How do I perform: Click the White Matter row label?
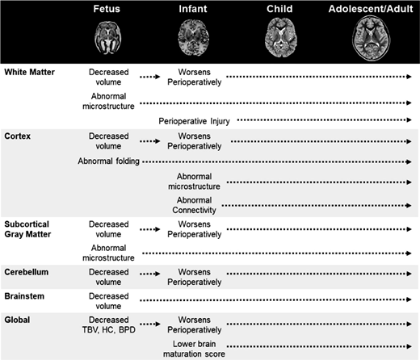(x=27, y=72)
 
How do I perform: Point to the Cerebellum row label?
(x=27, y=273)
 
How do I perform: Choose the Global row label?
(x=17, y=320)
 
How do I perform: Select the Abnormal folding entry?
(x=109, y=162)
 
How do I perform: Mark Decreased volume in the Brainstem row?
(x=108, y=302)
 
